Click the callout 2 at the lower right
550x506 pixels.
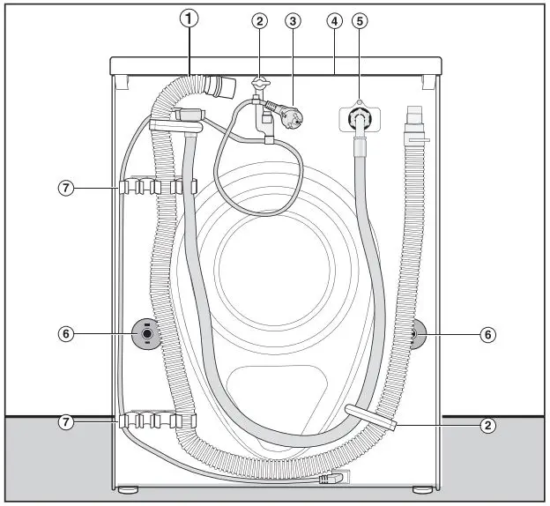[x=487, y=426]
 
